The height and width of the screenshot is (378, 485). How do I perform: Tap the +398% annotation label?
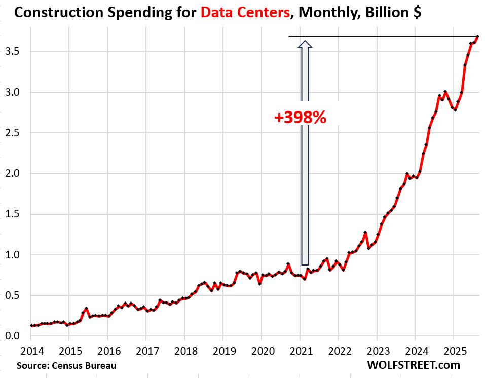click(300, 118)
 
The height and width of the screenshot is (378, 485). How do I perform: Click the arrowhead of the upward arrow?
click(305, 45)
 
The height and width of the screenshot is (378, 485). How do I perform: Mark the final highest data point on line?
click(477, 36)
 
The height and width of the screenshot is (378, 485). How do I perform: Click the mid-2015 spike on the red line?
click(86, 308)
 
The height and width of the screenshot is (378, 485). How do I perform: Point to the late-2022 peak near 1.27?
click(365, 233)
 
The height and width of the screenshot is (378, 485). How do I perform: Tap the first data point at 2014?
click(31, 326)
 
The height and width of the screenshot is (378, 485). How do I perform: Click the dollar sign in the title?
click(416, 13)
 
